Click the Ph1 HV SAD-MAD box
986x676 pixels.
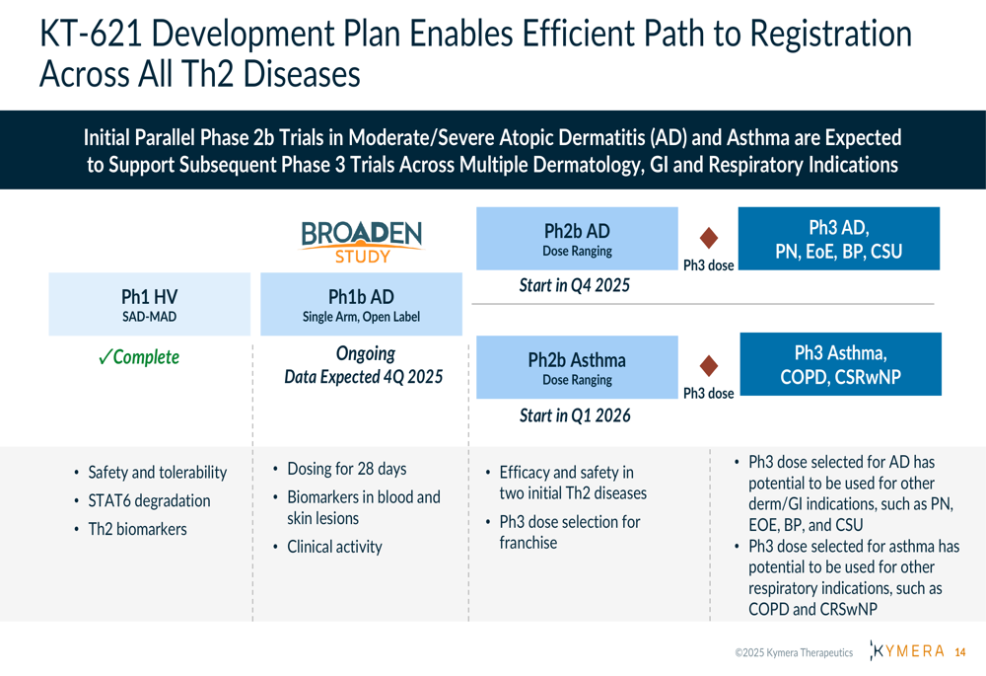point(150,304)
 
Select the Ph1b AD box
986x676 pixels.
point(362,304)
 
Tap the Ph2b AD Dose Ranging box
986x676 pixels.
point(577,239)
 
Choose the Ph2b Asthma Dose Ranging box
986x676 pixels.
point(577,367)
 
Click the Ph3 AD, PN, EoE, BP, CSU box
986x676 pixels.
point(839,239)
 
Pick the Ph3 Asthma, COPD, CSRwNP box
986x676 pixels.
point(841,364)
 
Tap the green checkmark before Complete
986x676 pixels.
point(106,357)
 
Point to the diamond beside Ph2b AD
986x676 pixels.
point(709,238)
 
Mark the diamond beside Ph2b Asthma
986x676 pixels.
point(709,366)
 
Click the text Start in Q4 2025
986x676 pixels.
point(574,286)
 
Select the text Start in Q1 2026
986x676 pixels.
point(575,415)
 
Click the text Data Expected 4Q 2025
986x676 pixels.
point(364,377)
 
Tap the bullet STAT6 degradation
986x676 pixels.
point(149,501)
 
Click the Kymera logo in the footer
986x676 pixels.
point(907,650)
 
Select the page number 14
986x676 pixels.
point(960,652)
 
